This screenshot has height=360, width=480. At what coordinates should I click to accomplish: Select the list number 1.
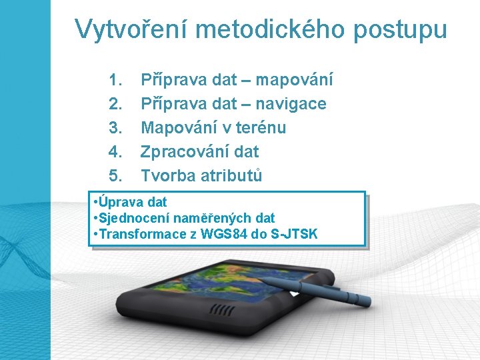pyautogui.click(x=115, y=80)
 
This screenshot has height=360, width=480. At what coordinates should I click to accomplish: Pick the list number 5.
pyautogui.click(x=115, y=176)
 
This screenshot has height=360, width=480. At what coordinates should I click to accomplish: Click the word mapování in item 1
pyautogui.click(x=294, y=81)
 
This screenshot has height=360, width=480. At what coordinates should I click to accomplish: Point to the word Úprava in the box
pyautogui.click(x=120, y=202)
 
